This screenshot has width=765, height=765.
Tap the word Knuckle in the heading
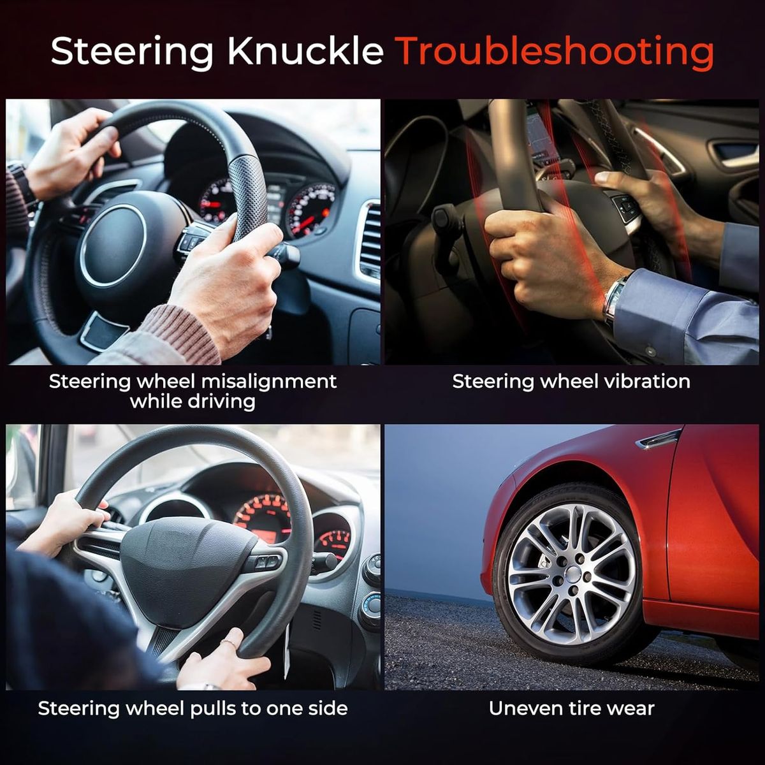tap(305, 51)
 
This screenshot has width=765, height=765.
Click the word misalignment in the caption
tap(269, 382)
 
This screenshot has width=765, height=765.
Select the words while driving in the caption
tap(193, 402)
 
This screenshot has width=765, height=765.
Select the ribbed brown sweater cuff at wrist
tap(180, 333)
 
